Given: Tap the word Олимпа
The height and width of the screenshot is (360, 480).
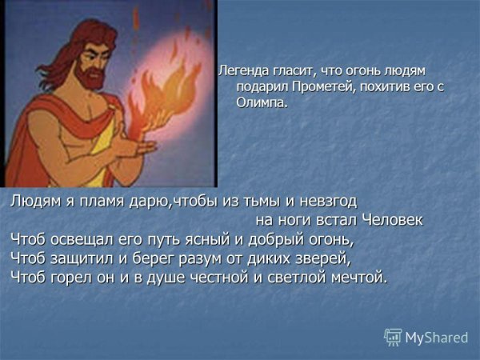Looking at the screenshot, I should tap(261, 103).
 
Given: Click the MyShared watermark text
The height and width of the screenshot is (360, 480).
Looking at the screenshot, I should tap(437, 338).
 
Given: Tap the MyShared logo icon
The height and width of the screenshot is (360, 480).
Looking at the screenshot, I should tap(393, 337).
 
